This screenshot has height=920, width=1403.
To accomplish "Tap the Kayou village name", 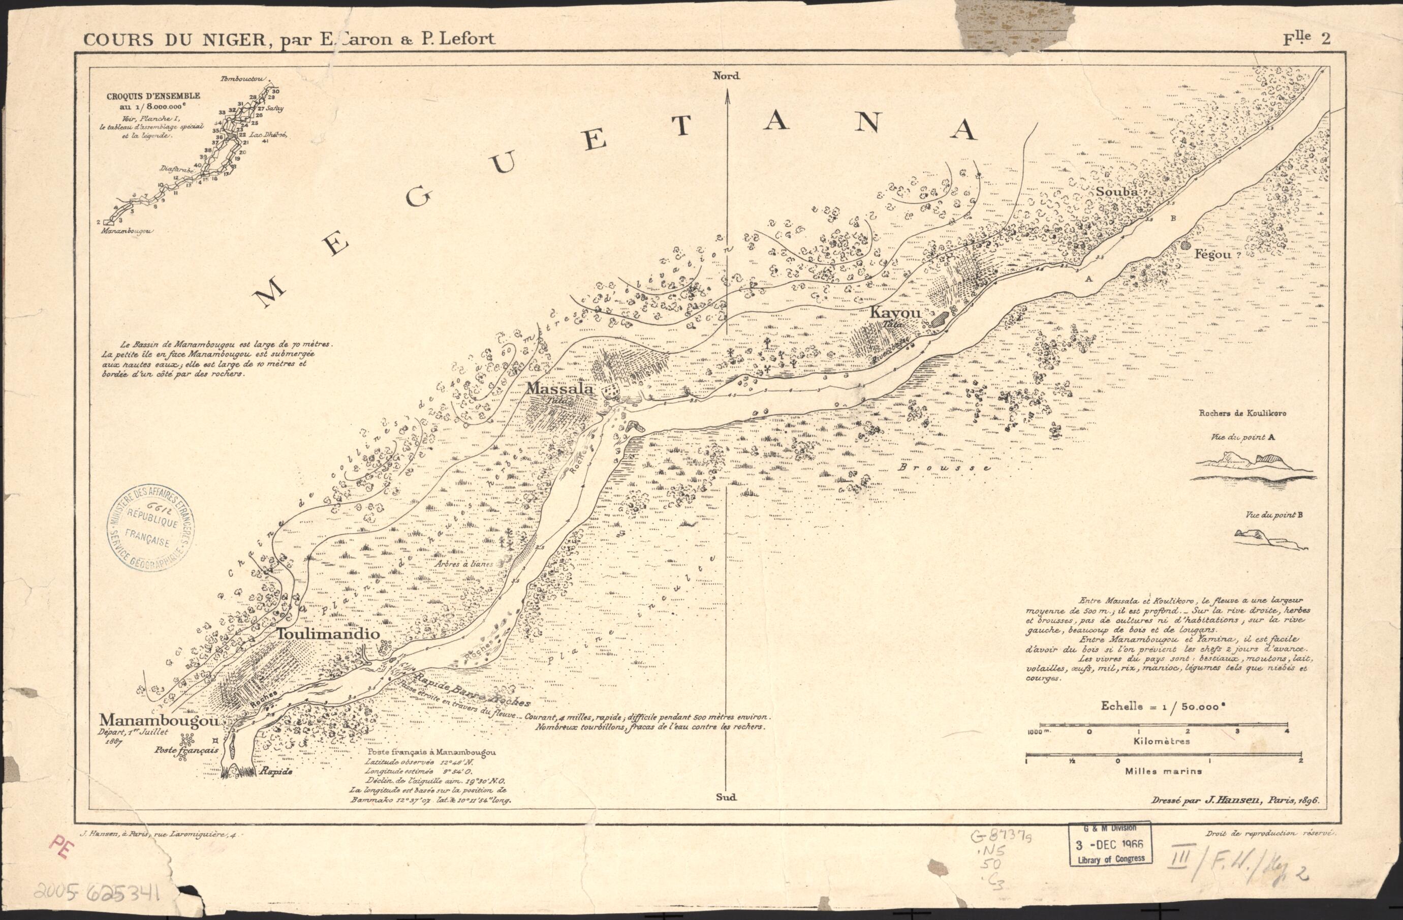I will (895, 313).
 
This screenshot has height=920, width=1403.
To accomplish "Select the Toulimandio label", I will (328, 634).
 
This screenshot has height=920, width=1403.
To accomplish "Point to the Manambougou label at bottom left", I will (159, 720).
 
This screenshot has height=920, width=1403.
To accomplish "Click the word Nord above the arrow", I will (726, 76).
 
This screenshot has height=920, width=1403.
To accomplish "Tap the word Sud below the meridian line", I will (726, 797).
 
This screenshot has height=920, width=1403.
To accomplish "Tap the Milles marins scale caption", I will (1163, 771).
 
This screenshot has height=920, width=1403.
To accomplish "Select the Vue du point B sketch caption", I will (1274, 515).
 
